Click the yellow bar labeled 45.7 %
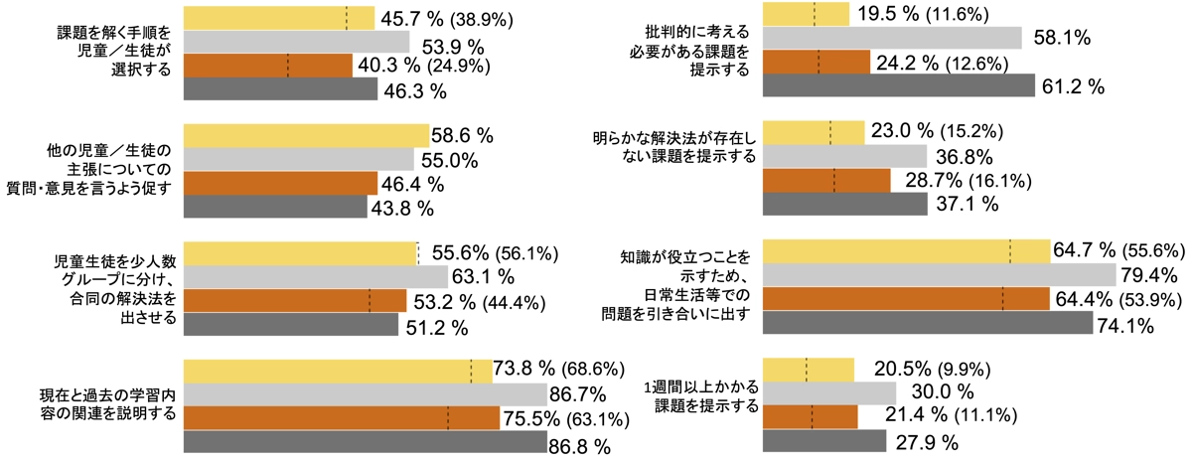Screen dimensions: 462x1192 point(279,18)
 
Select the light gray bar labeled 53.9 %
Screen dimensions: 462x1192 point(297,42)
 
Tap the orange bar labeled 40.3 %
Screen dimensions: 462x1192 point(268,66)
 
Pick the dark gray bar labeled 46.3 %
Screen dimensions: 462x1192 point(280,89)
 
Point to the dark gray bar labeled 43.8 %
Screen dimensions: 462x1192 point(275,207)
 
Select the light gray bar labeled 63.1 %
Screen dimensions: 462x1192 point(316,276)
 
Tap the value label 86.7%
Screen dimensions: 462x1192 point(579,394)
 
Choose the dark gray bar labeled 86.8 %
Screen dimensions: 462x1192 point(366,442)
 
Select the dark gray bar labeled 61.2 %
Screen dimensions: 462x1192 point(898,86)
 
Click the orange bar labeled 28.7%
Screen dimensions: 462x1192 point(826,181)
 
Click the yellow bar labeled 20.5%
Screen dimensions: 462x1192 point(808,370)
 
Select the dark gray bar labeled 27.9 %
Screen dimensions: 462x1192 point(823,440)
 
